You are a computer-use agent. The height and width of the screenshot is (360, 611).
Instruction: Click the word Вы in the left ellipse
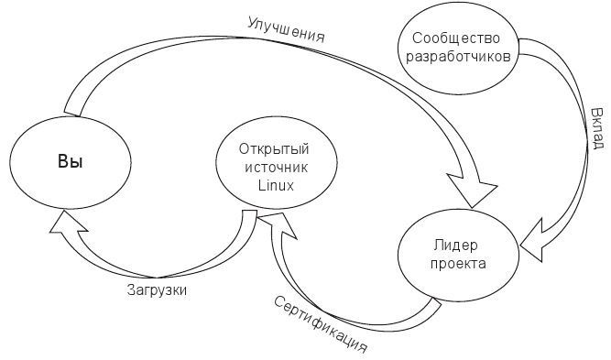(x=71, y=162)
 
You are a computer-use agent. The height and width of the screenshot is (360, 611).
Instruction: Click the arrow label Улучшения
(x=287, y=27)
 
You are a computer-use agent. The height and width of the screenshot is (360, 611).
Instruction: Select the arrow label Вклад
(x=596, y=127)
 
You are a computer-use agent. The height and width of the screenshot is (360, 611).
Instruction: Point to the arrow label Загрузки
(x=157, y=289)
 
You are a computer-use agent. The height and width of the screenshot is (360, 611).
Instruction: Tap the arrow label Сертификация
(x=321, y=323)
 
